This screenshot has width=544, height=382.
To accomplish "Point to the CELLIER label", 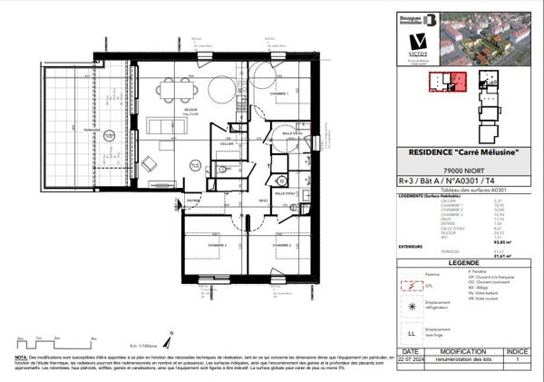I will click(x=226, y=143).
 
